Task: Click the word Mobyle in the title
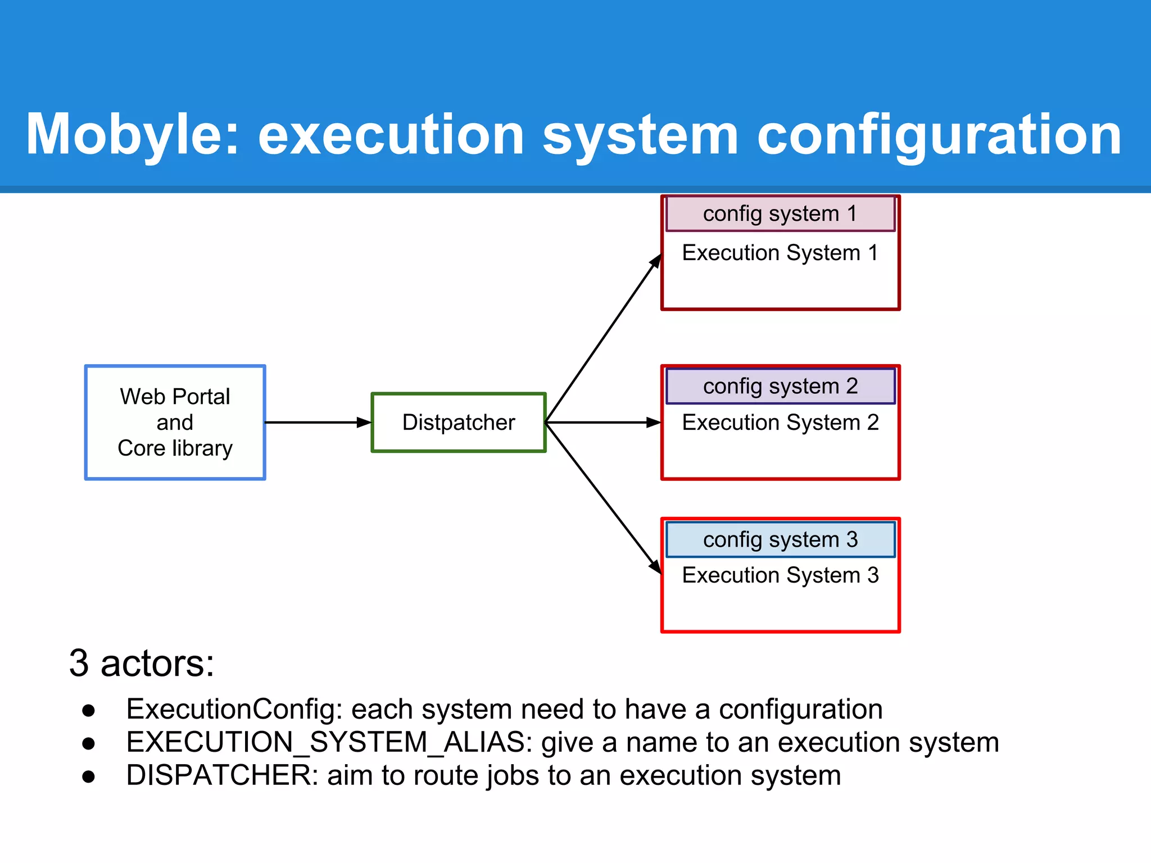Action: click(x=133, y=135)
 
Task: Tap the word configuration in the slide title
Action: click(x=939, y=135)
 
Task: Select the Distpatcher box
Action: click(x=459, y=423)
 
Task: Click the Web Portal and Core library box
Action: click(x=175, y=423)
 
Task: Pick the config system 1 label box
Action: click(x=780, y=214)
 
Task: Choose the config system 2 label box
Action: click(x=780, y=387)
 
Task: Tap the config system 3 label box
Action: click(x=780, y=540)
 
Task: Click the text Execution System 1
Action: click(x=780, y=253)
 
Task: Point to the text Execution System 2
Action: click(x=780, y=423)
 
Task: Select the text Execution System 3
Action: click(x=780, y=575)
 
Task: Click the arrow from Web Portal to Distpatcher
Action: click(x=318, y=423)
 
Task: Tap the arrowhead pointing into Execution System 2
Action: click(x=653, y=423)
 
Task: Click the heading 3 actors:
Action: click(x=142, y=664)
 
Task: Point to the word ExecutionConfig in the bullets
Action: click(x=234, y=709)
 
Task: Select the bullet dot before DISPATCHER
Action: click(x=88, y=777)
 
